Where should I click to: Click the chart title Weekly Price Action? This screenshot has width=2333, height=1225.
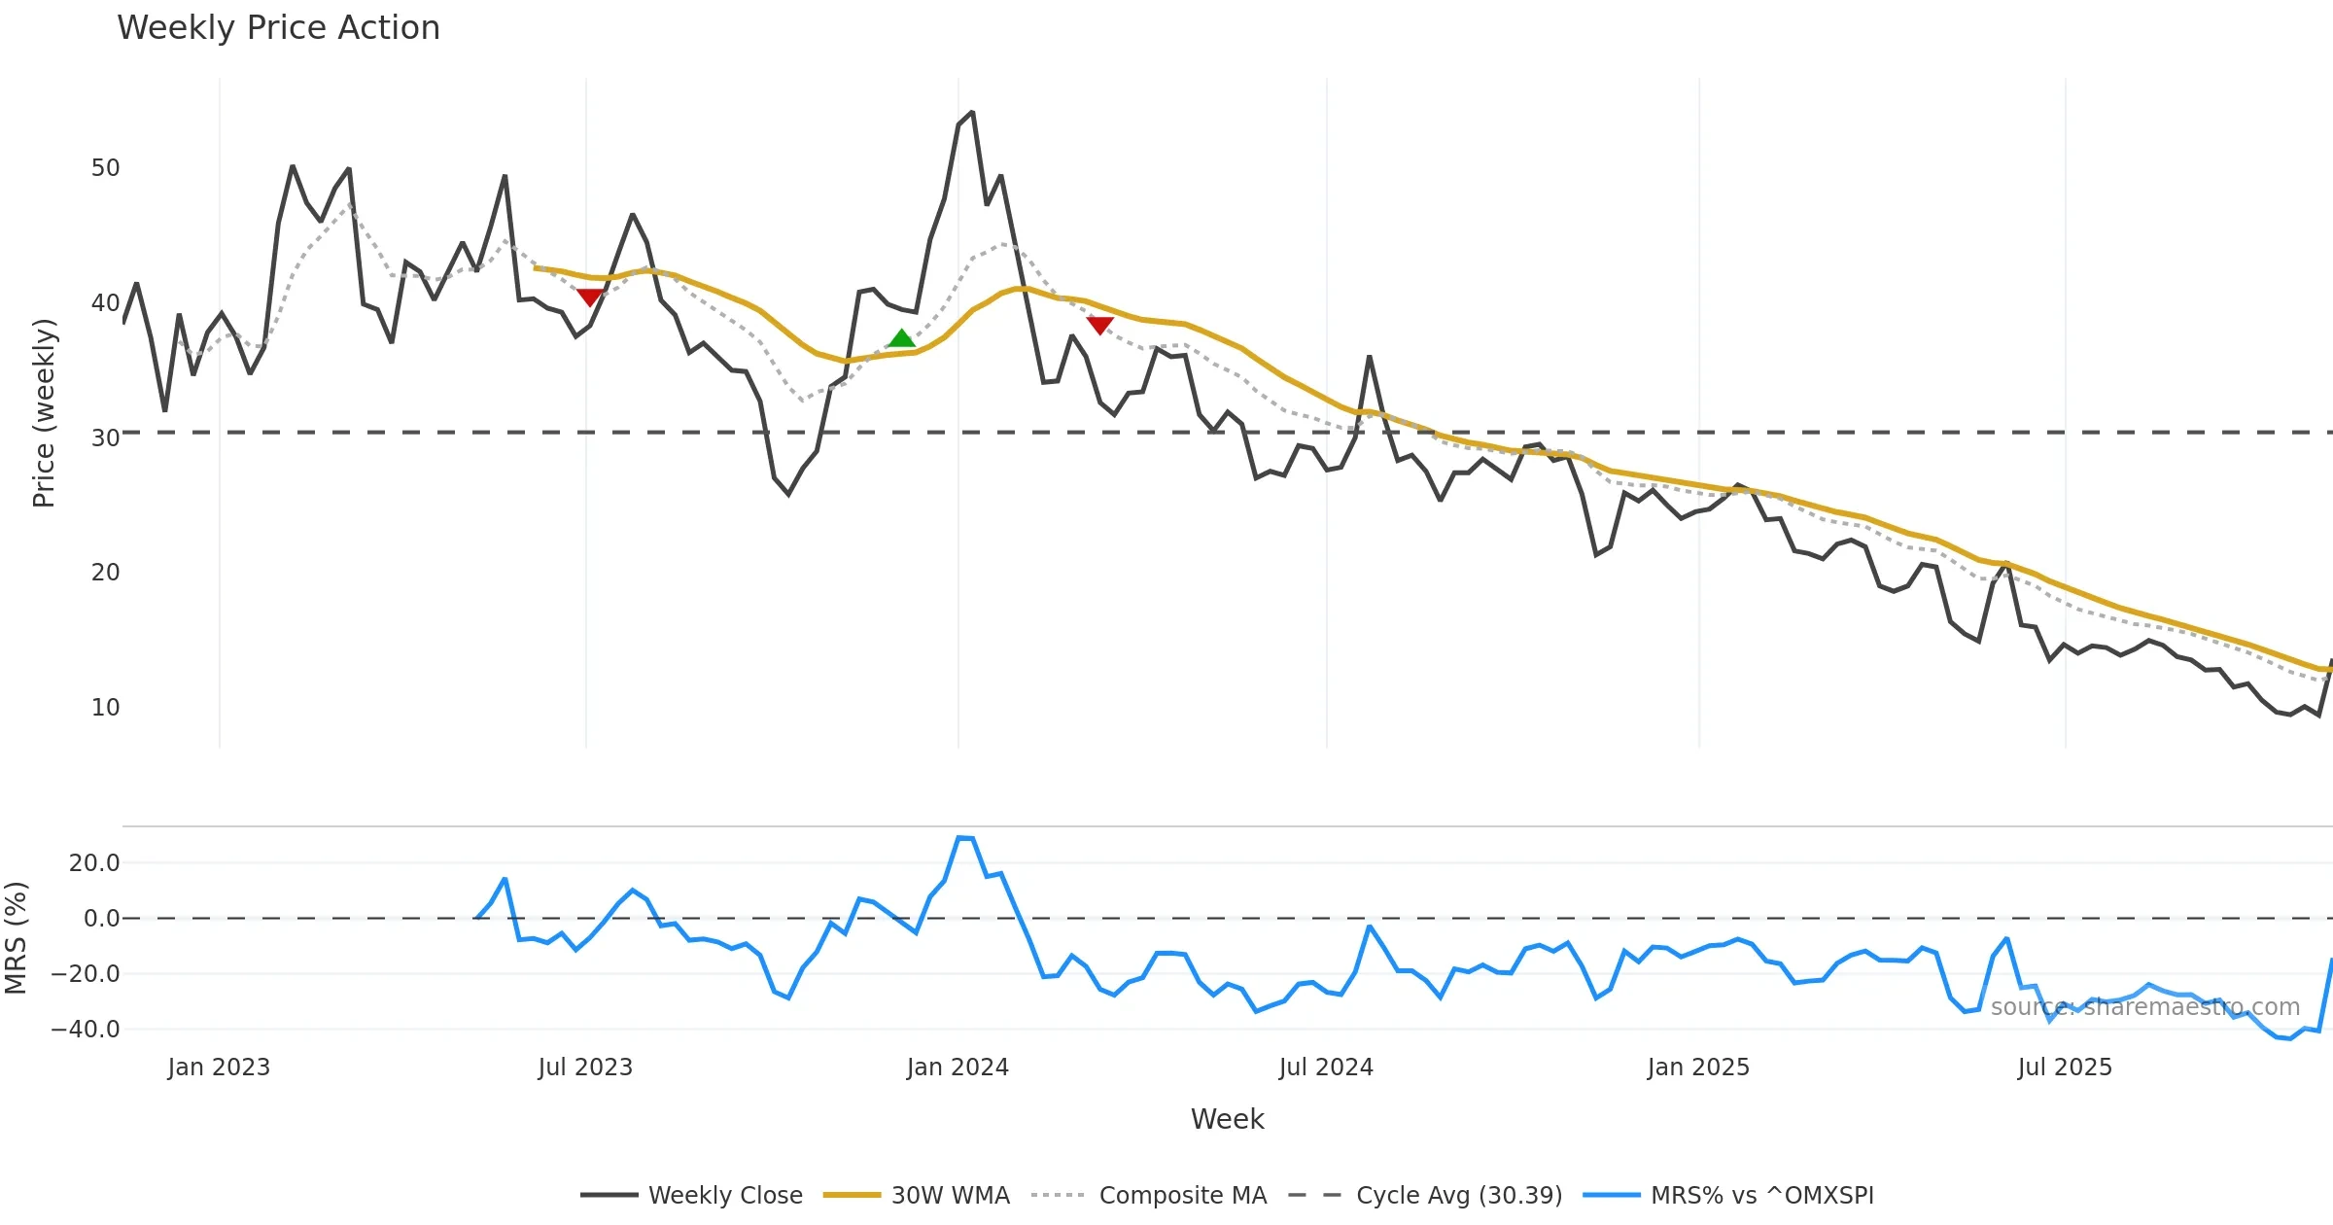tap(278, 28)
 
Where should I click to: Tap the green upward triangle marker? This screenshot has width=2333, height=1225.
tap(901, 338)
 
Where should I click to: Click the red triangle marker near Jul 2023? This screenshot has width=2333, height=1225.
tap(589, 297)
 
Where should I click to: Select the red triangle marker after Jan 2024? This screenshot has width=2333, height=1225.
tap(1099, 325)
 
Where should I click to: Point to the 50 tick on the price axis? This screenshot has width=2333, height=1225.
tap(105, 168)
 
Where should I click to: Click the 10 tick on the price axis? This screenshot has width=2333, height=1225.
tap(105, 708)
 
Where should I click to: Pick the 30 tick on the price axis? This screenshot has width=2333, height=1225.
tap(105, 438)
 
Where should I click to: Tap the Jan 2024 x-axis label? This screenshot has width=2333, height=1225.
tap(958, 1067)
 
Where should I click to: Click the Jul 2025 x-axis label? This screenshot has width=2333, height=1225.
tap(2065, 1067)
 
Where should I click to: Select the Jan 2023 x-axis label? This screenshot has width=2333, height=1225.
tap(219, 1067)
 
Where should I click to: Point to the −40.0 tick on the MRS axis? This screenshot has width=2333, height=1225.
tap(86, 1030)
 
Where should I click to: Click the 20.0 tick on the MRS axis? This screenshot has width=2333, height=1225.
tap(94, 863)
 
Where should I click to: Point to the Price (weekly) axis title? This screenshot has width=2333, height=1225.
tap(44, 413)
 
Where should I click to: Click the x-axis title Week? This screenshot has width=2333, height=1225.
tap(1227, 1120)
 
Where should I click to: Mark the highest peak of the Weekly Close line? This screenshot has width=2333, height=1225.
tap(972, 113)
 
